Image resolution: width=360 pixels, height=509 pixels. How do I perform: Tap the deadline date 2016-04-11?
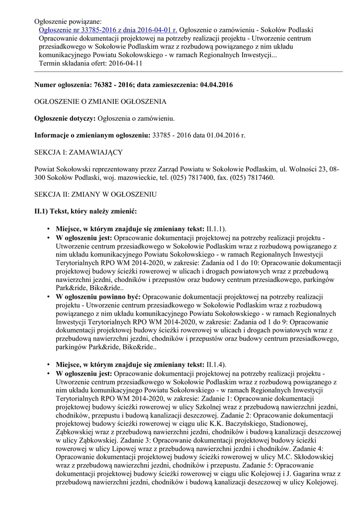click(x=125, y=64)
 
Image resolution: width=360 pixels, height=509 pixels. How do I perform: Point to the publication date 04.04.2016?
click(x=216, y=85)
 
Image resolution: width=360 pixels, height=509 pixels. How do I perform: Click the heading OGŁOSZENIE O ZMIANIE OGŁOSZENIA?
click(x=100, y=101)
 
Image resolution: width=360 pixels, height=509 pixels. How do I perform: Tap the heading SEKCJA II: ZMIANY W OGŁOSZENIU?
click(x=95, y=194)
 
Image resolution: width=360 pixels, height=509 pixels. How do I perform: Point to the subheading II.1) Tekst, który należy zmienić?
click(x=85, y=211)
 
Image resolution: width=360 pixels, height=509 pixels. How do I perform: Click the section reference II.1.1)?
click(x=216, y=229)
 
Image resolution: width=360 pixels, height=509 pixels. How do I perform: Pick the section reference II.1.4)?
click(x=216, y=364)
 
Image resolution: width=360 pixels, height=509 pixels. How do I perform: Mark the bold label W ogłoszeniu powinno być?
click(x=98, y=296)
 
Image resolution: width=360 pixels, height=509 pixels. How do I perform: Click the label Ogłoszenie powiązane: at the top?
click(x=68, y=21)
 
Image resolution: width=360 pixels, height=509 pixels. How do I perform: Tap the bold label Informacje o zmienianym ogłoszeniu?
click(x=92, y=135)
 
